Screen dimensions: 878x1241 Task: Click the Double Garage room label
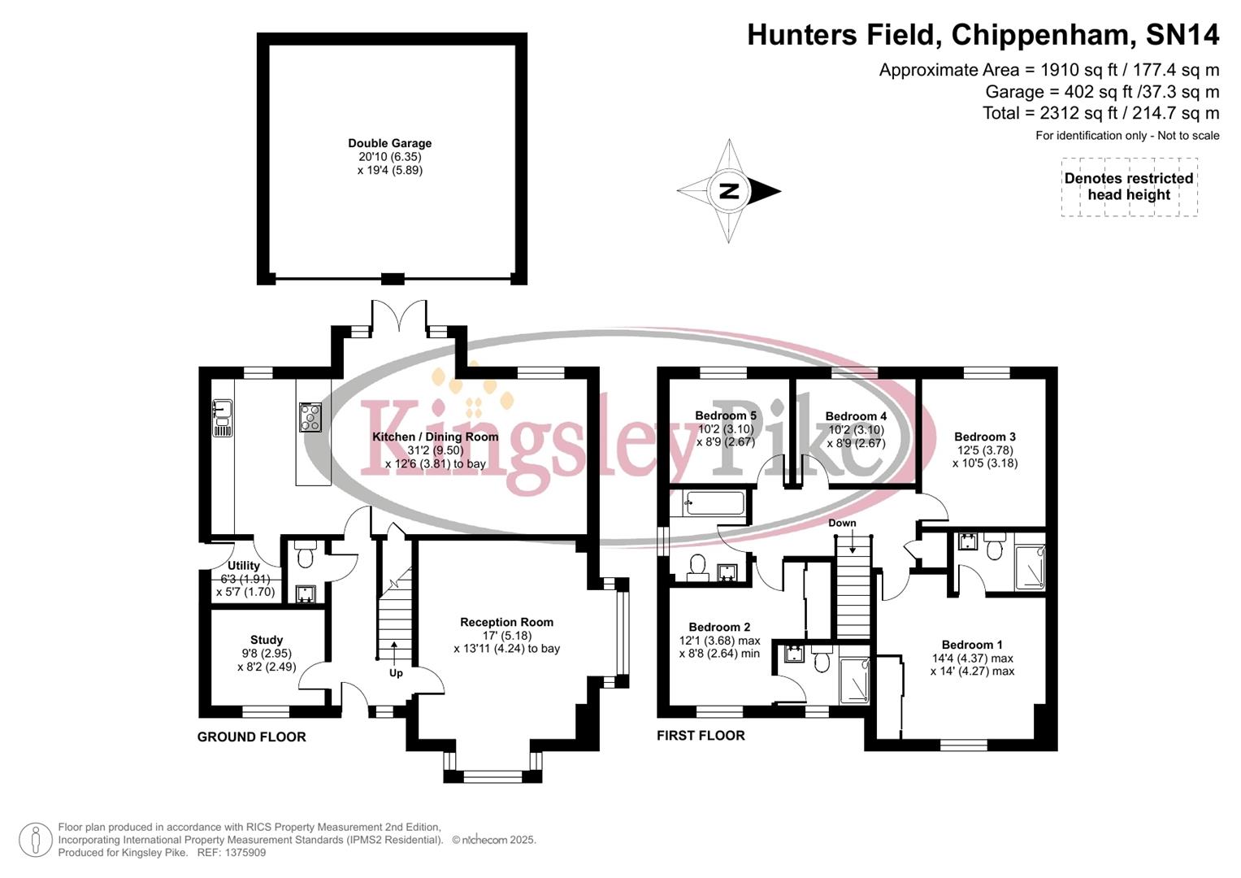click(390, 144)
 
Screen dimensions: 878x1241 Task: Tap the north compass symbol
click(729, 191)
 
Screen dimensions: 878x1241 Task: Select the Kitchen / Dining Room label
click(435, 437)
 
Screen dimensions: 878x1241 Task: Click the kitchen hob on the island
click(310, 417)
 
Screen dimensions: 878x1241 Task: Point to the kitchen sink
click(222, 417)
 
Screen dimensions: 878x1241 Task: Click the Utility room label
click(244, 566)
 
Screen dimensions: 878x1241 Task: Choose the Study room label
click(267, 640)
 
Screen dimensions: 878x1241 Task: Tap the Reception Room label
click(506, 622)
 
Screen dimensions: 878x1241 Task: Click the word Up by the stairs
click(396, 673)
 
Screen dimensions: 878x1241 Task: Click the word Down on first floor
click(842, 523)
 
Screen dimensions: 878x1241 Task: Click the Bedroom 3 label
click(985, 437)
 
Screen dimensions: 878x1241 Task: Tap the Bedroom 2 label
click(719, 627)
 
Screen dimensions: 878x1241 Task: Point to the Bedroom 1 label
click(972, 645)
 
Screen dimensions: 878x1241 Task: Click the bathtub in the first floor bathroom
click(714, 503)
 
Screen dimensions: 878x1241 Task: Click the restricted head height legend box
click(1129, 187)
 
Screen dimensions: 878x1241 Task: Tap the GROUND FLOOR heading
click(252, 737)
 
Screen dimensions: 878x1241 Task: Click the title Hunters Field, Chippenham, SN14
click(983, 35)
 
